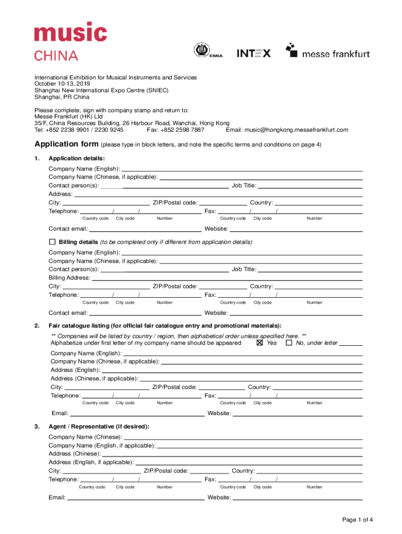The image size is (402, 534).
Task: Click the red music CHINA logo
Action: click(70, 41)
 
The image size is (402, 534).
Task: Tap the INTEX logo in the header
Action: click(254, 53)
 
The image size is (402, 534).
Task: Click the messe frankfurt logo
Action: click(327, 51)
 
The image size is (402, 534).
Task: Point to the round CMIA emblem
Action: click(202, 51)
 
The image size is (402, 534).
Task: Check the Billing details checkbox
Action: click(52, 242)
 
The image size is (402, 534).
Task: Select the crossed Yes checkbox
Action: click(259, 343)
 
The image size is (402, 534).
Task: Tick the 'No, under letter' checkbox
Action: click(289, 343)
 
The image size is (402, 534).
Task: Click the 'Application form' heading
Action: click(66, 144)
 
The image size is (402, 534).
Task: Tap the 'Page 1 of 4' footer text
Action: click(358, 519)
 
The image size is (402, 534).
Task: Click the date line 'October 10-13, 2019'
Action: click(62, 83)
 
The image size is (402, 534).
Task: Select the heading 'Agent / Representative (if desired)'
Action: click(99, 427)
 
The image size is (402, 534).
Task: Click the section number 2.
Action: click(37, 326)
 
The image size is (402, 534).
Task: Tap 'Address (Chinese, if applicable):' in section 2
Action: click(94, 379)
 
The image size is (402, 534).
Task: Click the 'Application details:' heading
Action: click(77, 159)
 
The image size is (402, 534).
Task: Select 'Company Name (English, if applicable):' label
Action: click(102, 445)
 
